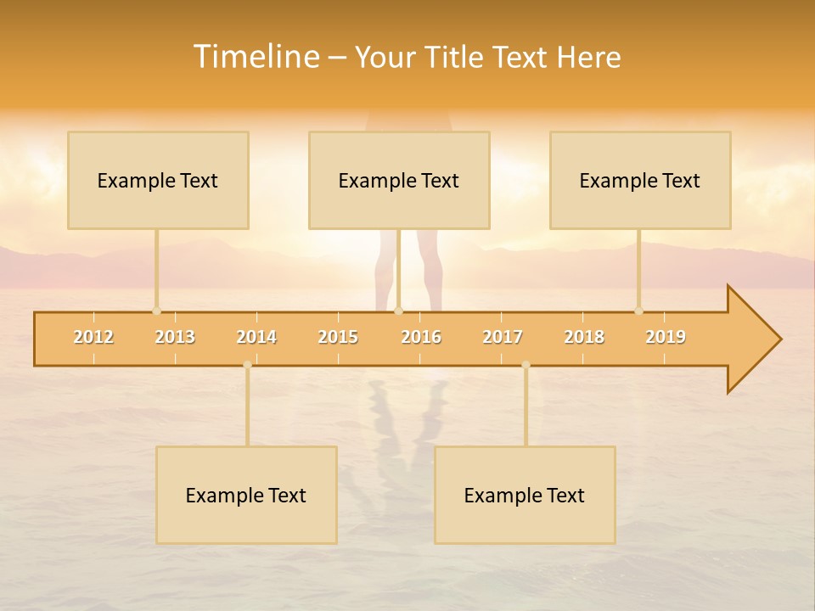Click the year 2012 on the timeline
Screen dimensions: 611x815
coord(93,337)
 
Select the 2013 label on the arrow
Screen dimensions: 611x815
coord(175,337)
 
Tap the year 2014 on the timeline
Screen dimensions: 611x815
coord(256,337)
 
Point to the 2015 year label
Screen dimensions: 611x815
coord(338,337)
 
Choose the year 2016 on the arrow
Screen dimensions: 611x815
coord(421,337)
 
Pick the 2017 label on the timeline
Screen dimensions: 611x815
coord(503,337)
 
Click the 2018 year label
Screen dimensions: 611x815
coord(584,337)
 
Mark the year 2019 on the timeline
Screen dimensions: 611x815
coord(666,337)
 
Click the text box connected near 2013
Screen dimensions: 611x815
coord(158,180)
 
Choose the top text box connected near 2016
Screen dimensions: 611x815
coord(399,180)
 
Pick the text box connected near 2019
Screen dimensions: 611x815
coord(640,180)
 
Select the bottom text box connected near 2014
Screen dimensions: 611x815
coord(246,495)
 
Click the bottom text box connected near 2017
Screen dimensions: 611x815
coord(525,495)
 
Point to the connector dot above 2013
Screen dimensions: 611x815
coord(156,311)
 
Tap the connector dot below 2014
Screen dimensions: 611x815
coord(247,365)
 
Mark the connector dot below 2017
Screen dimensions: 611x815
coord(526,365)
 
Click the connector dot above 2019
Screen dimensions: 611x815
coord(638,311)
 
